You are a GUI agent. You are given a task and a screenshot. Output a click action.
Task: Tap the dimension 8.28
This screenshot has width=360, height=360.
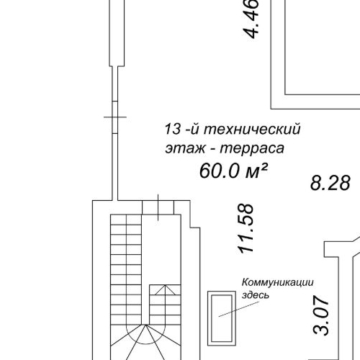coord(330,183)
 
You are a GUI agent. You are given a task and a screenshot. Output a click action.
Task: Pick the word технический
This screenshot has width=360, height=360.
coord(251,130)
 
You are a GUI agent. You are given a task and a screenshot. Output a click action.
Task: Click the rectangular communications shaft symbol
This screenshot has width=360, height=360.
coord(220,318)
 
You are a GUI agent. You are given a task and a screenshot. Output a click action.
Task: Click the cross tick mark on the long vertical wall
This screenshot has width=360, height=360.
coord(114,117)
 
